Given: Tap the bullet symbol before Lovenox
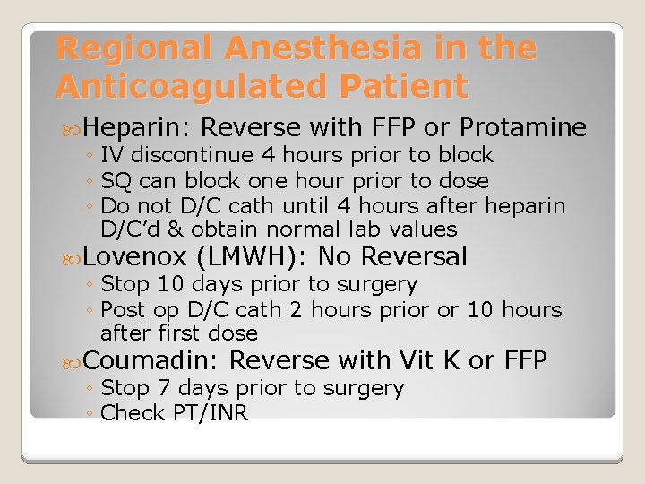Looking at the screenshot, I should pos(74,257).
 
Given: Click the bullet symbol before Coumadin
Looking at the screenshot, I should pos(74,360).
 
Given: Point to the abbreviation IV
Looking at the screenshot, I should pos(113,155).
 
